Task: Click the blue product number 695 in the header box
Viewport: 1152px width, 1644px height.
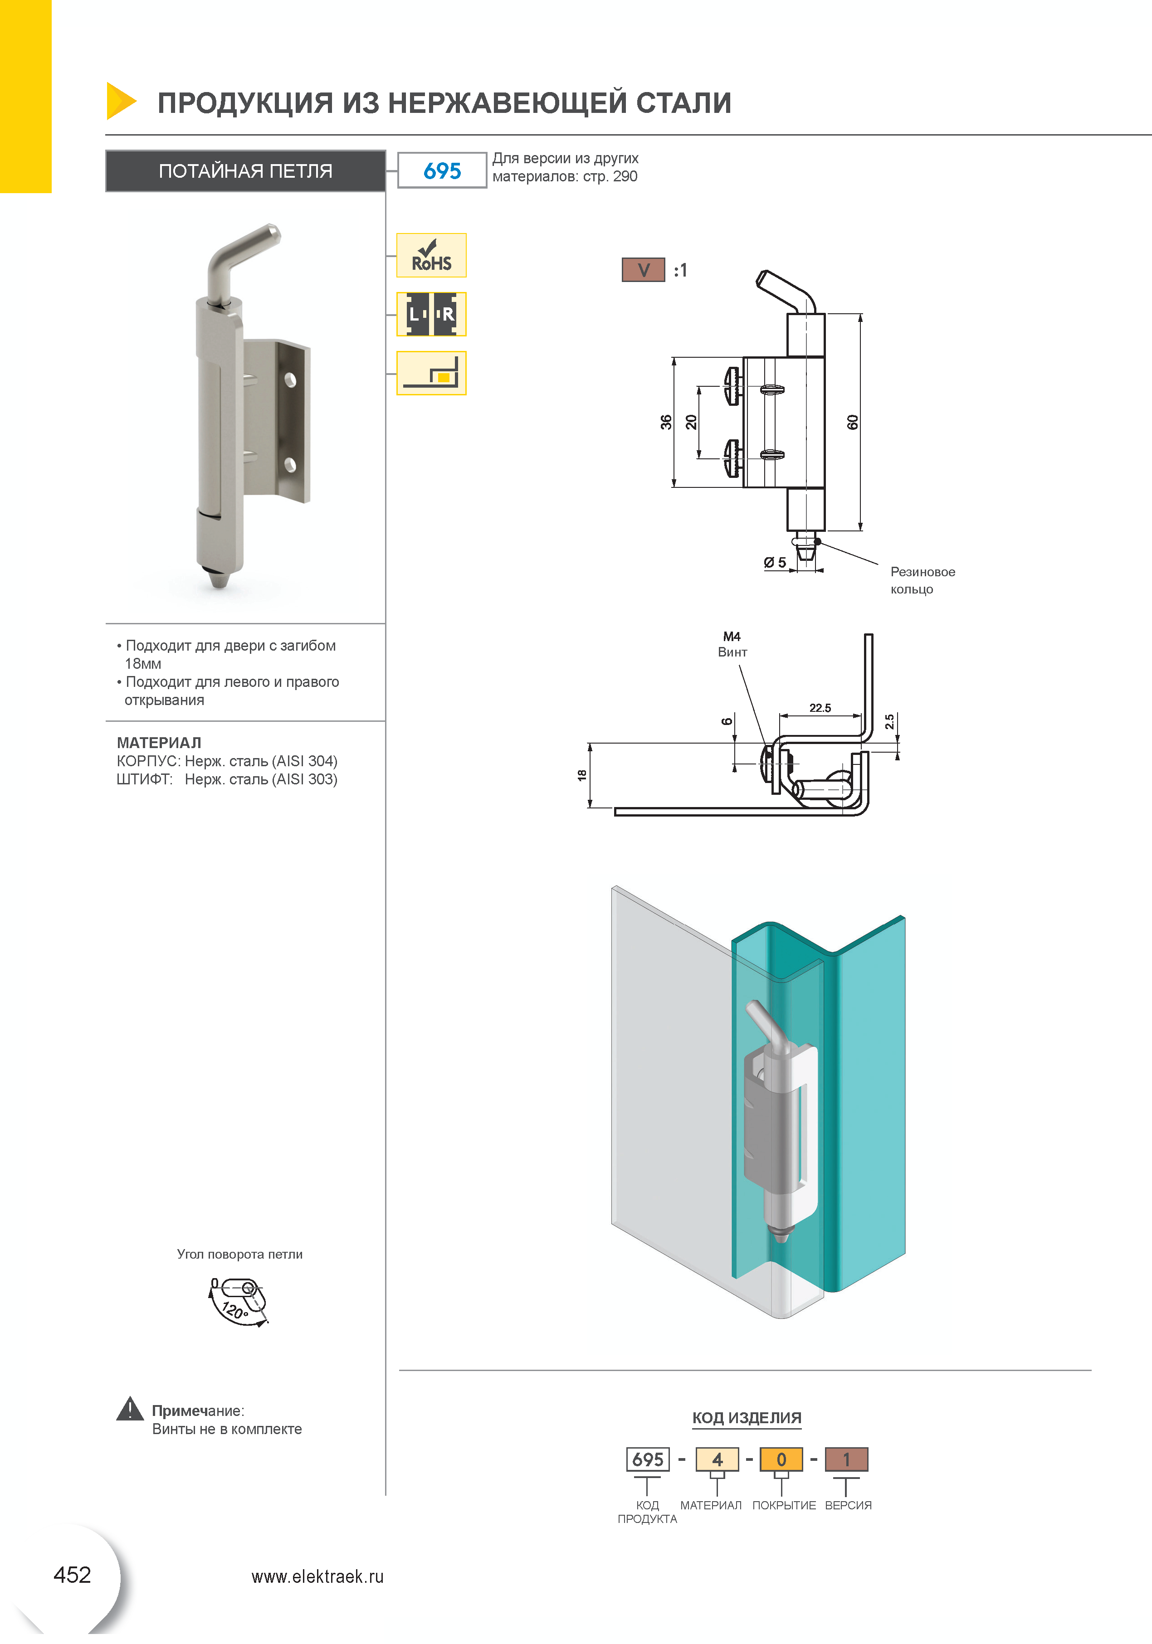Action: point(442,170)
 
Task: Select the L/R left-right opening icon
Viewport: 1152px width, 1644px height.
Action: point(431,314)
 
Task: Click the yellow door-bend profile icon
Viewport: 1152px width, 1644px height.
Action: point(431,373)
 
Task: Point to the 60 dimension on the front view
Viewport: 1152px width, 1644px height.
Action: point(852,423)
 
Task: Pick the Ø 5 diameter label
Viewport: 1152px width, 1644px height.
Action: point(775,563)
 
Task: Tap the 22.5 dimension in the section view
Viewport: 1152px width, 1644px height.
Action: point(820,708)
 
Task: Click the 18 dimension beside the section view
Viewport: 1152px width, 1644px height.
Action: point(582,775)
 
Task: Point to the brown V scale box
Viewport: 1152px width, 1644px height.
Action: point(643,270)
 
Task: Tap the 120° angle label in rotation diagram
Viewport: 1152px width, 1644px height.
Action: point(234,1311)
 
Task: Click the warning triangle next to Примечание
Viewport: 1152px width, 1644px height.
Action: point(130,1409)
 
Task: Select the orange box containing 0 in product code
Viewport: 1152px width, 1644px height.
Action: point(781,1459)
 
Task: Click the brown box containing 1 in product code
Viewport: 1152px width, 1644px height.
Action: point(846,1459)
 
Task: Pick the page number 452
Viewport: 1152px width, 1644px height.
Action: point(73,1575)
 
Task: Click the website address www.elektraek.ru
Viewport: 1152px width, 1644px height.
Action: point(317,1577)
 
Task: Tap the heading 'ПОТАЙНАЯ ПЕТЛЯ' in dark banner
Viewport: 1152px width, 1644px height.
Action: point(246,171)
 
